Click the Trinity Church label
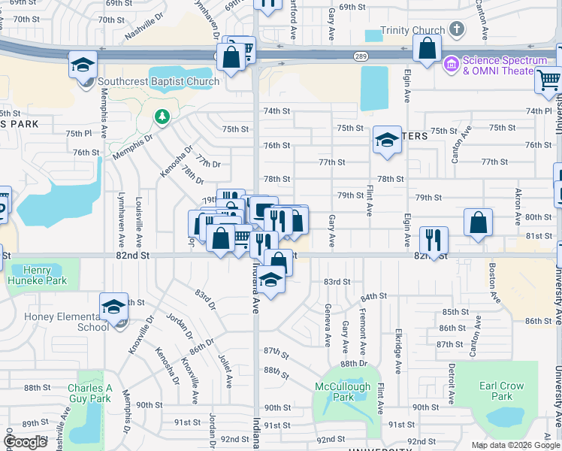coord(412,31)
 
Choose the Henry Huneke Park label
coord(44,276)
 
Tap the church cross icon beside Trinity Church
coord(455,29)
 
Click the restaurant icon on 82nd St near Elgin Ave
coord(434,240)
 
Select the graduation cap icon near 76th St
coord(387,140)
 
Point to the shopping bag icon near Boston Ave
coord(478,222)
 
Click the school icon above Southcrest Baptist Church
coord(83,65)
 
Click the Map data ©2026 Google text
coord(515,445)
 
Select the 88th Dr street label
coord(352,363)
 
